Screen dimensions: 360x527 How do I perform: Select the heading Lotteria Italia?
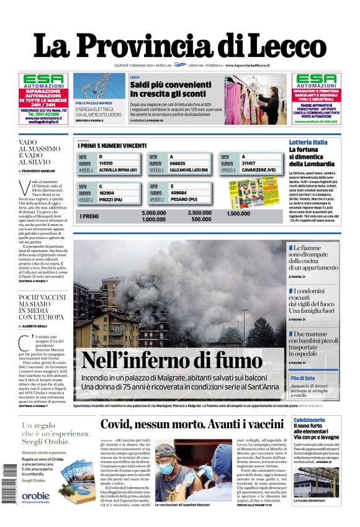308,142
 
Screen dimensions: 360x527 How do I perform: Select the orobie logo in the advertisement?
35,495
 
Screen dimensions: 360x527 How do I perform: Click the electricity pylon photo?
100,86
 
